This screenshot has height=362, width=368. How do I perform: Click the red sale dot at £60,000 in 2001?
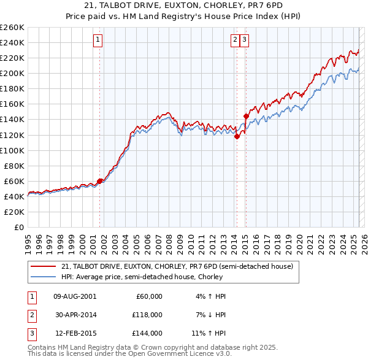(99, 181)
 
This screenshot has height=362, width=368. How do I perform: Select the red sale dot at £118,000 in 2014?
(237, 136)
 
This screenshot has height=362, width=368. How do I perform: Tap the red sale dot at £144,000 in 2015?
(245, 116)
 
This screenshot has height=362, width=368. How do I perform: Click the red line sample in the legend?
(43, 267)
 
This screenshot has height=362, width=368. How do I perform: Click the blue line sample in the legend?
(43, 277)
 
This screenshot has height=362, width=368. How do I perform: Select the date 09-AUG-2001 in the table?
(75, 296)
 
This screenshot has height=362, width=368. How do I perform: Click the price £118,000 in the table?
(148, 315)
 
